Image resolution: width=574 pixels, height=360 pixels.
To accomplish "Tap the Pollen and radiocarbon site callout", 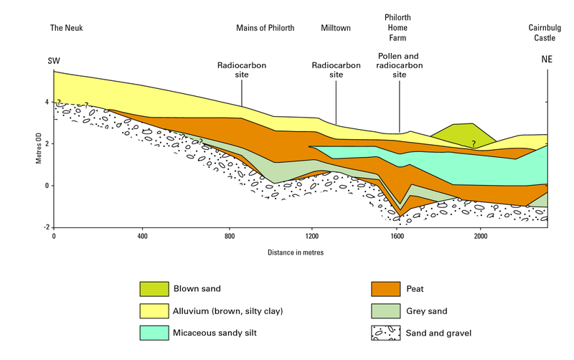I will point(399,65).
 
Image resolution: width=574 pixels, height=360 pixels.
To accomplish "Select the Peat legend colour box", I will point(385,289).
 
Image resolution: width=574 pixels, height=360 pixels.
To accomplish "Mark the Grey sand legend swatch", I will point(385,311).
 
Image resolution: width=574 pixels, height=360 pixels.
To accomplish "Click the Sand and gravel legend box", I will point(385,333).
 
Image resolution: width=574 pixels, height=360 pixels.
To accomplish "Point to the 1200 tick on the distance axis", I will point(311,236).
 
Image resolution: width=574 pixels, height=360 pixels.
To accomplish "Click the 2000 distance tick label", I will point(480,236).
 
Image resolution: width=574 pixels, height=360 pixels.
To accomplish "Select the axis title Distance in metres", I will point(297,252).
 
